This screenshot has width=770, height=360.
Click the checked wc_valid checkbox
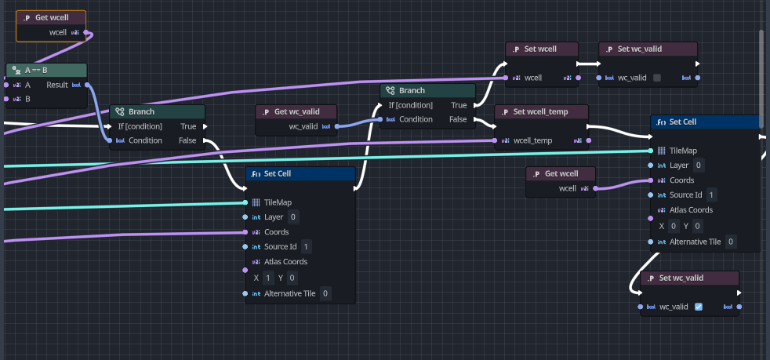pyautogui.click(x=699, y=307)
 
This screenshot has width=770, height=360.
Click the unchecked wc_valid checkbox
pyautogui.click(x=657, y=78)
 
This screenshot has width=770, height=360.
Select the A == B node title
pyautogui.click(x=36, y=71)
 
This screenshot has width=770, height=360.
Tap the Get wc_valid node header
pyautogui.click(x=296, y=112)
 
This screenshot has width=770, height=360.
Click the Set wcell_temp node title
pyautogui.click(x=541, y=111)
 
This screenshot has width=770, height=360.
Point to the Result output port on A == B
pyautogui.click(x=87, y=85)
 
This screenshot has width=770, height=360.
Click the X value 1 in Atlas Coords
pyautogui.click(x=267, y=278)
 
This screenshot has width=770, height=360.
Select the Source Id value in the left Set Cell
pyautogui.click(x=307, y=246)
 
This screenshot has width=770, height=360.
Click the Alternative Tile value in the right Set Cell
pyautogui.click(x=731, y=242)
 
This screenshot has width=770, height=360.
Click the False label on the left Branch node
pyautogui.click(x=187, y=140)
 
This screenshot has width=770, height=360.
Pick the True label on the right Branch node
pyautogui.click(x=459, y=105)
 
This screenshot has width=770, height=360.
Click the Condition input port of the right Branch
pyautogui.click(x=380, y=119)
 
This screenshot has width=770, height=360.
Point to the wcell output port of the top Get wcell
pyautogui.click(x=86, y=32)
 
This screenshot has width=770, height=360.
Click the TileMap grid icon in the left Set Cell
pyautogui.click(x=256, y=202)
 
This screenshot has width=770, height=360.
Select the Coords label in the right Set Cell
pyautogui.click(x=681, y=180)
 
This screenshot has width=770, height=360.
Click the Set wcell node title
pyautogui.click(x=540, y=49)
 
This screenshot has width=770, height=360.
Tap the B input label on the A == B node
pyautogui.click(x=27, y=99)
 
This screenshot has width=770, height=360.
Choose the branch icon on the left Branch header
pyautogui.click(x=119, y=111)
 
